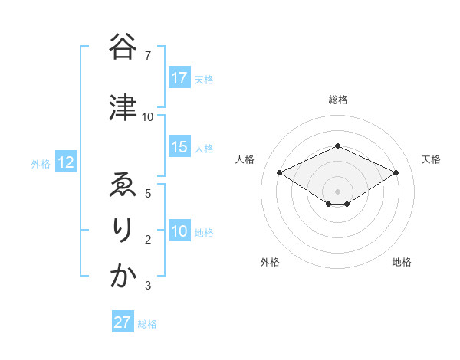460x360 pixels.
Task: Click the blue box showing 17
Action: [x=179, y=78]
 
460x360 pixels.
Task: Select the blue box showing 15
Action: [x=179, y=147]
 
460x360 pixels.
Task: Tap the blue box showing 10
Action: [x=179, y=231]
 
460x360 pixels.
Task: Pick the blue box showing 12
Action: [x=65, y=162]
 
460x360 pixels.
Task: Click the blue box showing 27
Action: [x=123, y=322]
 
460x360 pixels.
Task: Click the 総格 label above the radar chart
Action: [x=338, y=100]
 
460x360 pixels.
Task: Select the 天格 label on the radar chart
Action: [x=431, y=159]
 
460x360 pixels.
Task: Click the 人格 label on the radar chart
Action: [x=245, y=159]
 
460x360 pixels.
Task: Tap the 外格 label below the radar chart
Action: [x=270, y=262]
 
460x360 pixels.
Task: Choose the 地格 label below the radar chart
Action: [x=402, y=262]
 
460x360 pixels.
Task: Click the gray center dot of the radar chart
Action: [x=337, y=190]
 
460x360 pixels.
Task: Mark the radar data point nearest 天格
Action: [x=396, y=172]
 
